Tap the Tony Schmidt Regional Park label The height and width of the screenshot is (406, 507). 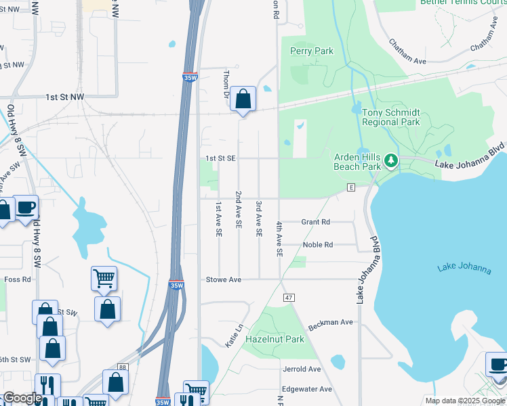[x=390, y=117]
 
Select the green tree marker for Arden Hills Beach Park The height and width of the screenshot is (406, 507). [x=390, y=161]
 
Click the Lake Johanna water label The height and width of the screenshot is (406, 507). [x=464, y=268]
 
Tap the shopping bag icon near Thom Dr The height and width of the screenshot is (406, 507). [x=243, y=100]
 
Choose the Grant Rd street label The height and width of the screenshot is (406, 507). [x=315, y=222]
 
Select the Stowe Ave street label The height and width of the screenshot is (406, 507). [x=224, y=279]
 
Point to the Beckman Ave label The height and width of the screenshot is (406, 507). [x=331, y=323]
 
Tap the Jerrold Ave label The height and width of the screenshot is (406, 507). [x=302, y=369]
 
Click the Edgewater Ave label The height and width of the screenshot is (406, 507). [x=307, y=389]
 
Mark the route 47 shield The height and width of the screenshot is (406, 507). [x=289, y=298]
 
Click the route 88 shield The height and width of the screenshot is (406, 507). [x=122, y=367]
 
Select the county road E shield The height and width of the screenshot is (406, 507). [x=351, y=187]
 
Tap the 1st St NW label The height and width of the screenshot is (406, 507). [x=65, y=97]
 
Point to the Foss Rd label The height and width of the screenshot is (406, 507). [x=18, y=279]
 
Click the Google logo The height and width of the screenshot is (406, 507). [x=22, y=398]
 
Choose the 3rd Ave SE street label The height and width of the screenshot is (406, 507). [x=258, y=218]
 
